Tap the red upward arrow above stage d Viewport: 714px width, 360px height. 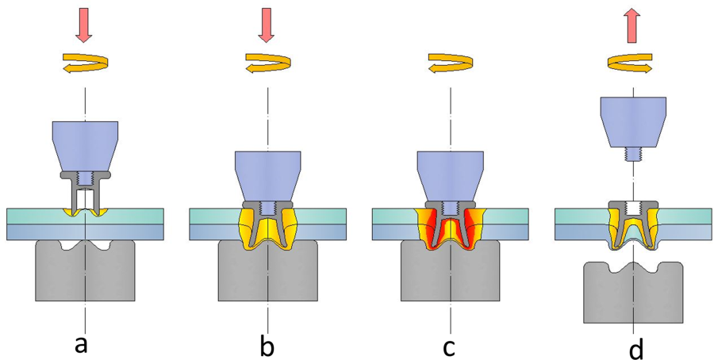click(x=632, y=25)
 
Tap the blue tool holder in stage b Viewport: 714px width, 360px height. click(x=267, y=173)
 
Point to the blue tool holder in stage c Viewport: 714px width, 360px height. click(x=450, y=173)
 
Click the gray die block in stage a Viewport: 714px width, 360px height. click(x=85, y=274)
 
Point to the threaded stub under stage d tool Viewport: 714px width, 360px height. click(x=632, y=156)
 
